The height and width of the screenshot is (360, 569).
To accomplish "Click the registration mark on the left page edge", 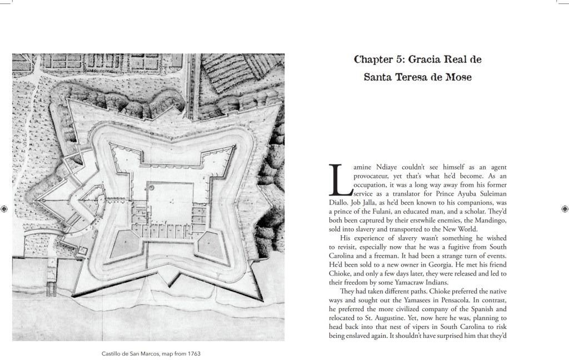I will point(4,209).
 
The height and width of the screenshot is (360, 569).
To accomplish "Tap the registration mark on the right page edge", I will point(565,209).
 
